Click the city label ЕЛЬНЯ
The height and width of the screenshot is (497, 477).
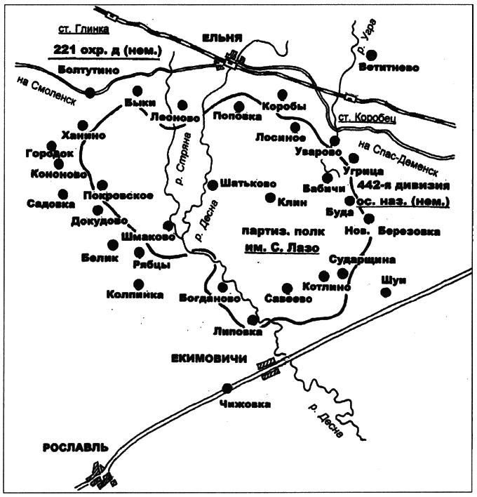point(222,39)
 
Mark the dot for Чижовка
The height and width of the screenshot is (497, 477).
point(227,387)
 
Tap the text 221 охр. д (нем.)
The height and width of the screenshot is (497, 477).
point(106,50)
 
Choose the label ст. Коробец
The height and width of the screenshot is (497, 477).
point(364,117)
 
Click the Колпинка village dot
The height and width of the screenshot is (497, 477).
point(139,284)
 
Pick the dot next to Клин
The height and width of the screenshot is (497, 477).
point(269,197)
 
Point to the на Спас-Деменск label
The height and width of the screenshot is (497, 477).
point(397,159)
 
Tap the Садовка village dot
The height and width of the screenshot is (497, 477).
point(63,194)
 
